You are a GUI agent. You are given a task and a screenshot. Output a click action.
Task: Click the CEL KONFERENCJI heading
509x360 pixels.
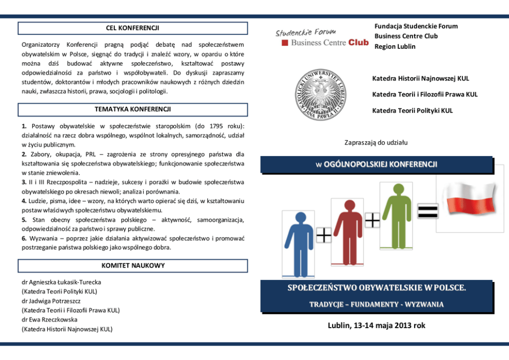(132, 28)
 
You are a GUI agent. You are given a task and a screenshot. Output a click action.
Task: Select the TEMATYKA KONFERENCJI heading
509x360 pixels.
(132, 109)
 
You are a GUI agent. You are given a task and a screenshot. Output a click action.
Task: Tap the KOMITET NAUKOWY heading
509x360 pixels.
(132, 266)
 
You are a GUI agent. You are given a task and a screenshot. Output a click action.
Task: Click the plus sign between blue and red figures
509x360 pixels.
(323, 236)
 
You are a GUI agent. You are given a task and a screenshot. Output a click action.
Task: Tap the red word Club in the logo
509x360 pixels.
(359, 43)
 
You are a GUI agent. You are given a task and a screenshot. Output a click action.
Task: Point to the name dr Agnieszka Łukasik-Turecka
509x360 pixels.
(61, 282)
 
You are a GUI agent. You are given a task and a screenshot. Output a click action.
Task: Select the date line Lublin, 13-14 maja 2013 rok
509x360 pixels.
(377, 326)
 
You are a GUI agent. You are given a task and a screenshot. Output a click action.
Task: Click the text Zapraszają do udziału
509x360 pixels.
(376, 142)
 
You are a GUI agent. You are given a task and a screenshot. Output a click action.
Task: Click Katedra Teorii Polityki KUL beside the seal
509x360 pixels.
(413, 110)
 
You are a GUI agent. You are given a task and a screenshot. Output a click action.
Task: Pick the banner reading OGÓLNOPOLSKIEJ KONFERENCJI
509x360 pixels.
(376, 164)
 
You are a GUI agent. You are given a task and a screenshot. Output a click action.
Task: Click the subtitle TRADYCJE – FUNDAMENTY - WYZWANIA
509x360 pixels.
(376, 304)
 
